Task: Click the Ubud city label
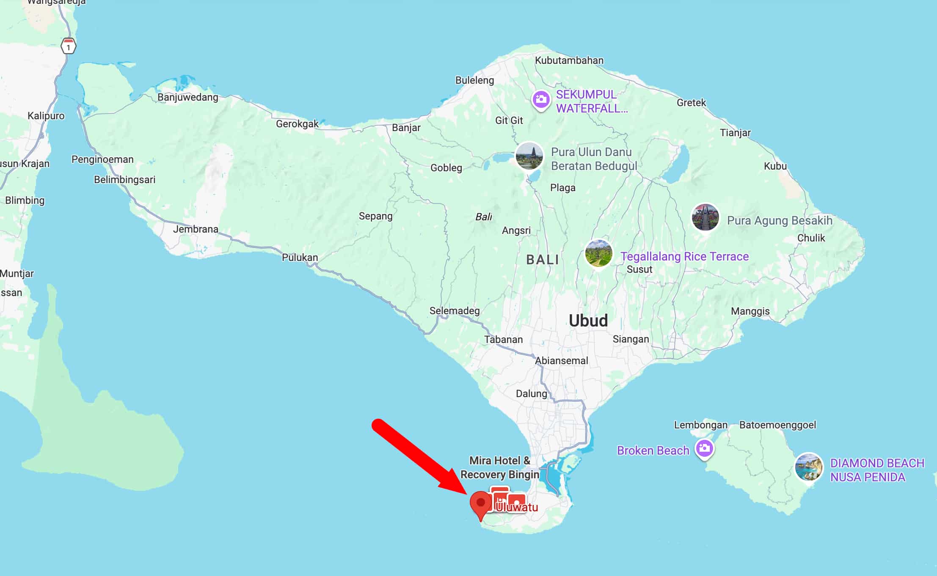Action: pyautogui.click(x=588, y=321)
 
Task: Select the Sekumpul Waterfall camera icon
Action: pyautogui.click(x=541, y=100)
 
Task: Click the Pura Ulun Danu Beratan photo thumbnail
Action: pyautogui.click(x=529, y=156)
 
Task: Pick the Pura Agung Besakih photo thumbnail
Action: pyautogui.click(x=705, y=217)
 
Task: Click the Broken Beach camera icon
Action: pyautogui.click(x=704, y=449)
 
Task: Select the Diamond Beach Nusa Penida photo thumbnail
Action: pyautogui.click(x=808, y=467)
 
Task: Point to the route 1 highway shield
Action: pyautogui.click(x=69, y=46)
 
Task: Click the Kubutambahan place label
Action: pyautogui.click(x=569, y=60)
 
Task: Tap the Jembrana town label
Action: pyautogui.click(x=196, y=229)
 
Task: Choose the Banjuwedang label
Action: pyautogui.click(x=188, y=97)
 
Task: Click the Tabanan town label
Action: pyautogui.click(x=503, y=340)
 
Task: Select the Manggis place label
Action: pyautogui.click(x=750, y=311)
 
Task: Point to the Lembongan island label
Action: pyautogui.click(x=700, y=425)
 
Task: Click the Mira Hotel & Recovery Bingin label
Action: pyautogui.click(x=499, y=467)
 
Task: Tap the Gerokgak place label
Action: pyautogui.click(x=297, y=124)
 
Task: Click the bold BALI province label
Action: pyautogui.click(x=543, y=260)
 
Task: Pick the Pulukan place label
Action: pyautogui.click(x=300, y=258)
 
